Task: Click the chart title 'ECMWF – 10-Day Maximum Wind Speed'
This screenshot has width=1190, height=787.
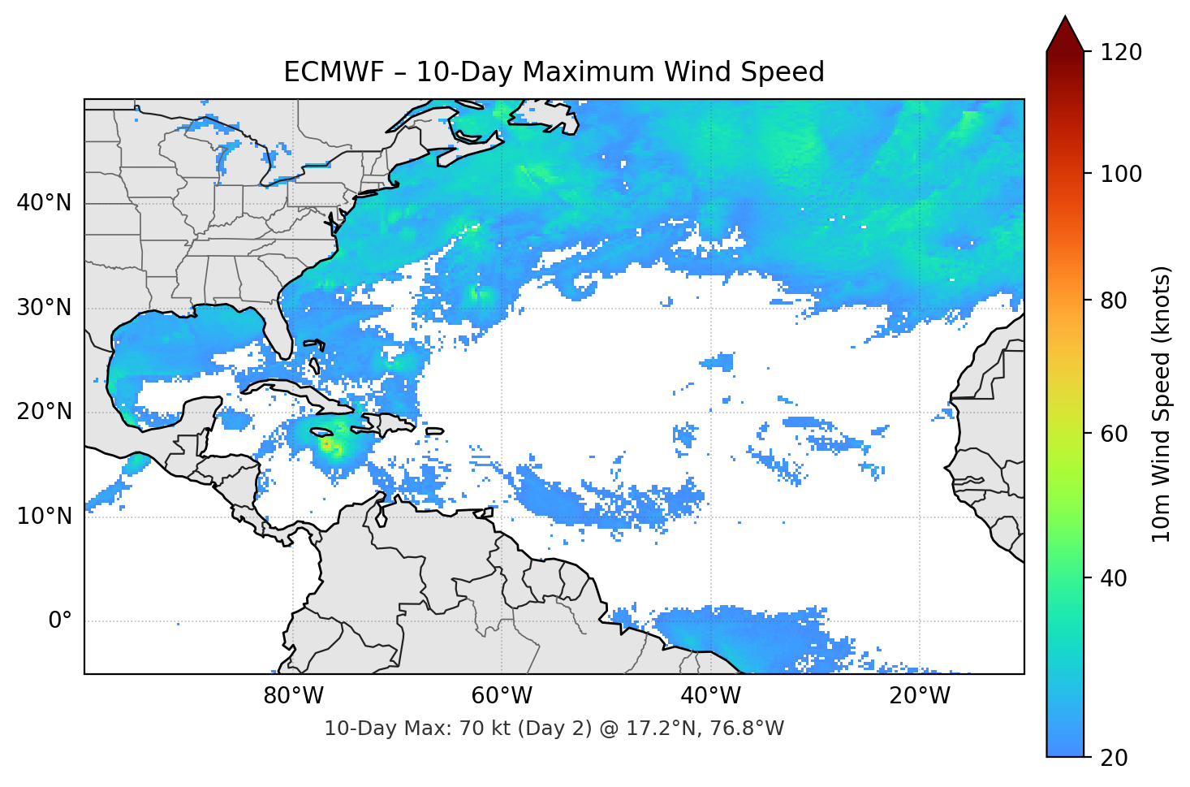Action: [x=554, y=72]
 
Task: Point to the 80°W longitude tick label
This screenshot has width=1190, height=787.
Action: [x=293, y=696]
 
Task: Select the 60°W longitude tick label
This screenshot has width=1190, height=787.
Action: [x=502, y=696]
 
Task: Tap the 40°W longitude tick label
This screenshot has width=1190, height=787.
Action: [x=710, y=696]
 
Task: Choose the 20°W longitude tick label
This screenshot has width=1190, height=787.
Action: [x=919, y=696]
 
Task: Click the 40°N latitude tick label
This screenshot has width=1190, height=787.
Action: [x=44, y=203]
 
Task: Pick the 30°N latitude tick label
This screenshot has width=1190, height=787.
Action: [x=44, y=308]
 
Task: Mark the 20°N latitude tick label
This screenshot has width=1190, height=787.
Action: [x=44, y=412]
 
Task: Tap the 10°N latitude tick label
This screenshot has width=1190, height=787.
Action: [x=44, y=517]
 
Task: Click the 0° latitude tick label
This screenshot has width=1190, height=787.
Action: [x=60, y=621]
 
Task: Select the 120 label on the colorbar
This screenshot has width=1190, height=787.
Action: [x=1121, y=53]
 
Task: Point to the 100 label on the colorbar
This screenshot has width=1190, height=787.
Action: [x=1121, y=174]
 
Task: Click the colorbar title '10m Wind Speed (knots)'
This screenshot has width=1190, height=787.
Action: [x=1162, y=404]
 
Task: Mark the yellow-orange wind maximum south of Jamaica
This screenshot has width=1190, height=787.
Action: [x=326, y=444]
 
